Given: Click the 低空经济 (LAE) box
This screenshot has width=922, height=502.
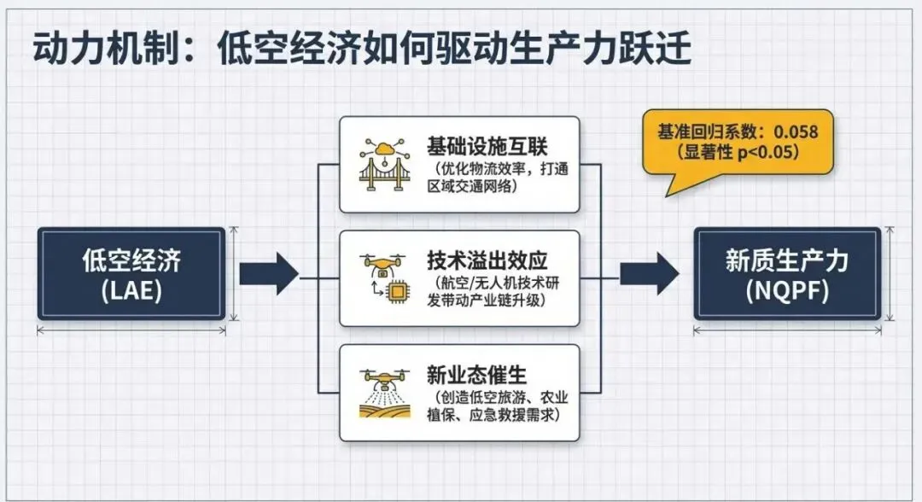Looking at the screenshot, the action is (x=131, y=273).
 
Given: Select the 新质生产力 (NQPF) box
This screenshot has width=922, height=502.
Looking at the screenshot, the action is (x=786, y=273).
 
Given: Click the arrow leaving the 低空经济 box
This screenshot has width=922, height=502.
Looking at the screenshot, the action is (x=268, y=274).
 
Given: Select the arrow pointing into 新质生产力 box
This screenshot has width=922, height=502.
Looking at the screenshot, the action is (x=650, y=274).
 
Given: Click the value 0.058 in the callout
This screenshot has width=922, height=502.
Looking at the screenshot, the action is (x=795, y=132).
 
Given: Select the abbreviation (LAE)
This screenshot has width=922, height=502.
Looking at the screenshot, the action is (x=131, y=290).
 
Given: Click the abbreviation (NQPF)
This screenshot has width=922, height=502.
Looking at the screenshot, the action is (x=786, y=290).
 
